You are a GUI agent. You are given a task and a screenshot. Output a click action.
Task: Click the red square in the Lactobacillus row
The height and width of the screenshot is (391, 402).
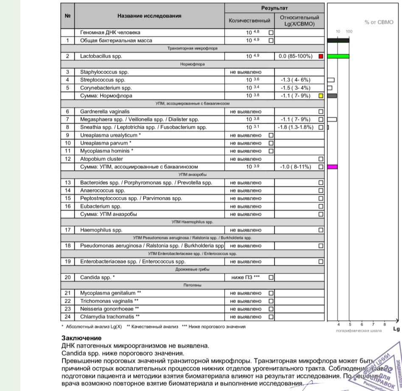click(321, 56)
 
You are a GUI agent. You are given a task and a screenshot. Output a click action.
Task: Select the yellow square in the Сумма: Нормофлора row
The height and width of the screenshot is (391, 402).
click(321, 96)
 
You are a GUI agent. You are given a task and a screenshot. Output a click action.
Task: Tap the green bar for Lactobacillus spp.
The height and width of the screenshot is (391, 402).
click(338, 56)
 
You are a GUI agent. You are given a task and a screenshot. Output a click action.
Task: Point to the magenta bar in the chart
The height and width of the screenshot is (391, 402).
click(333, 167)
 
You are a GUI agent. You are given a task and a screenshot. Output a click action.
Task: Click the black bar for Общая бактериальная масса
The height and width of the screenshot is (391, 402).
click(338, 40)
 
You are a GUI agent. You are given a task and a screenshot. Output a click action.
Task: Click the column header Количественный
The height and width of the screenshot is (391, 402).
click(249, 20)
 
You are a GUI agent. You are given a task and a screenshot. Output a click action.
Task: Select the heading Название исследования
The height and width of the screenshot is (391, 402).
click(149, 16)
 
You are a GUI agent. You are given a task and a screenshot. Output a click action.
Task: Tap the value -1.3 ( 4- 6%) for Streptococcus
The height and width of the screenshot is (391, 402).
click(295, 80)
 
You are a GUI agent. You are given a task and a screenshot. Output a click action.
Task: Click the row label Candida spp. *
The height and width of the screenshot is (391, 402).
click(97, 277)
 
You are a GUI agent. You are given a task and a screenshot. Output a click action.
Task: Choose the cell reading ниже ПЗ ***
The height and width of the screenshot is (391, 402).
click(245, 277)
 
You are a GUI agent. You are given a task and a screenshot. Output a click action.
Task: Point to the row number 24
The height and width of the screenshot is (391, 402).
click(67, 317)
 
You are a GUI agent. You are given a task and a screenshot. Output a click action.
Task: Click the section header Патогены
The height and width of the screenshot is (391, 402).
click(192, 285)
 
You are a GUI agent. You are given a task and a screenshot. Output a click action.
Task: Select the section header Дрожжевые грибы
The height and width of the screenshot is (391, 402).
click(192, 270)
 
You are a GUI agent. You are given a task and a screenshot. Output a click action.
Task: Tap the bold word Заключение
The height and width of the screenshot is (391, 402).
click(82, 338)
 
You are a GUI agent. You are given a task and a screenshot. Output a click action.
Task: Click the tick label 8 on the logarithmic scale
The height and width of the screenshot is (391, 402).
click(385, 324)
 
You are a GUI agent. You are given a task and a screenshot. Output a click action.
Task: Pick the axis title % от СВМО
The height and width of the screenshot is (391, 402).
click(379, 22)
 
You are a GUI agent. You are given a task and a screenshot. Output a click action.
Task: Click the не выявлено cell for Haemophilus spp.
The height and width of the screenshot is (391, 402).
click(246, 230)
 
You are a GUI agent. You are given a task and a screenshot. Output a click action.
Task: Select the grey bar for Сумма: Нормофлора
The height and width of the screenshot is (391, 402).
click(332, 96)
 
